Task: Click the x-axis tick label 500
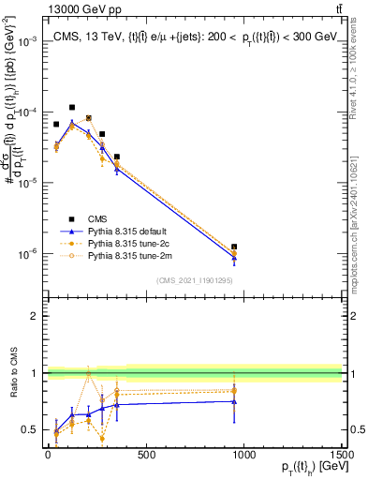coord(146,456)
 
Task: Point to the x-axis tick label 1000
coord(243,456)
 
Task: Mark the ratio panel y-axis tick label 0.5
coord(30,430)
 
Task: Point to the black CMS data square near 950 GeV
coord(234,247)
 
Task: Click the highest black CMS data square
coord(72,108)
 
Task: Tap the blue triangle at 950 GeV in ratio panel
coord(234,401)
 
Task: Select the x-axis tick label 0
coord(48,456)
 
